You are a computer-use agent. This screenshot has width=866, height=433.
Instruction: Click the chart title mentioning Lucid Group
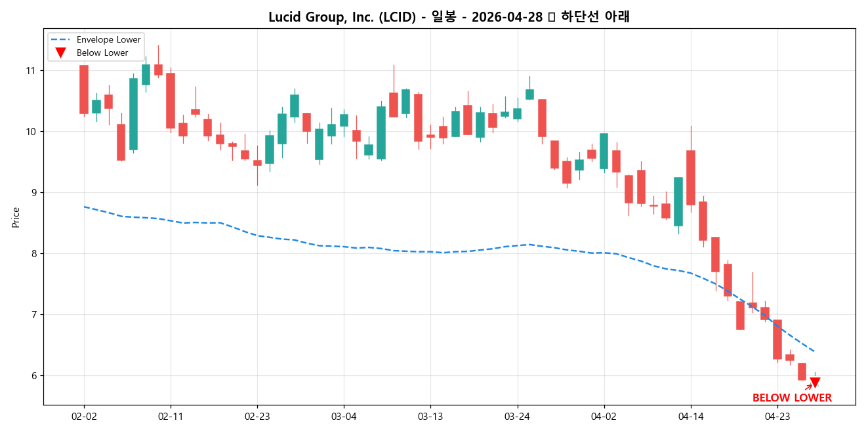[x=449, y=17]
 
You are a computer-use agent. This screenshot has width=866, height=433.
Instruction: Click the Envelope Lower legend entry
[x=108, y=40]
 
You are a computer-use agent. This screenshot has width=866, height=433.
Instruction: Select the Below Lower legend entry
[x=102, y=52]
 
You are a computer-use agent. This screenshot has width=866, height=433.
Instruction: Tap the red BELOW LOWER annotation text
[x=792, y=398]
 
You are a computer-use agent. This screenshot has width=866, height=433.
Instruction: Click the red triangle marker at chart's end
[x=815, y=383]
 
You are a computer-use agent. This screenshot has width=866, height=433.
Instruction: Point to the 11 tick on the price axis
[x=31, y=71]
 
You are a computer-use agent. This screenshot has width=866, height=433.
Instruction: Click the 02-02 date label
[x=84, y=416]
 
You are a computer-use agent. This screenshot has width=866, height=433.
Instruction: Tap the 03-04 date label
[x=344, y=416]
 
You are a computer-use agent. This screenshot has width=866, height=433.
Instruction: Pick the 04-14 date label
[x=690, y=416]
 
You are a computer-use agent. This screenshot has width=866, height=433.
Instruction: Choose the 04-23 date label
[x=777, y=416]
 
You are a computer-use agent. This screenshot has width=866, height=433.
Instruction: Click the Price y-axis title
[x=16, y=217]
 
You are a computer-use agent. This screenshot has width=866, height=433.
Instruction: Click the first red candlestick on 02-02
[x=84, y=89]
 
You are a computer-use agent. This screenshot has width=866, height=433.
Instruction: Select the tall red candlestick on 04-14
[x=691, y=177]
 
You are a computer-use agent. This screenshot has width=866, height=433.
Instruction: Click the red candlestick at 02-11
[x=171, y=100]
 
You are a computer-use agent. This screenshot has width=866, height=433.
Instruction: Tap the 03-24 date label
[x=517, y=416]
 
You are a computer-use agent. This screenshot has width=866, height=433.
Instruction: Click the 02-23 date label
[x=257, y=416]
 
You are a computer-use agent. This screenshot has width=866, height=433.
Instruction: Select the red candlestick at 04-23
[x=777, y=339]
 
